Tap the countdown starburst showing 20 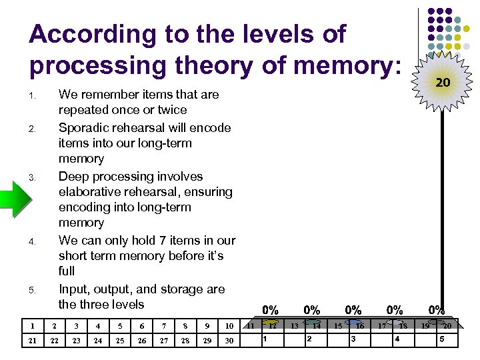click(x=442, y=83)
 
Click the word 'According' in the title click(x=81, y=33)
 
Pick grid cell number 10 click(x=229, y=326)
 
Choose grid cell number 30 click(x=229, y=341)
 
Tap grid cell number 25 click(x=120, y=341)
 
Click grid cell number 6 click(x=141, y=326)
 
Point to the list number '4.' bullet click(x=32, y=241)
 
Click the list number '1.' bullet click(x=32, y=95)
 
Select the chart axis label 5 click(x=441, y=339)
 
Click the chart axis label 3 click(x=353, y=339)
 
